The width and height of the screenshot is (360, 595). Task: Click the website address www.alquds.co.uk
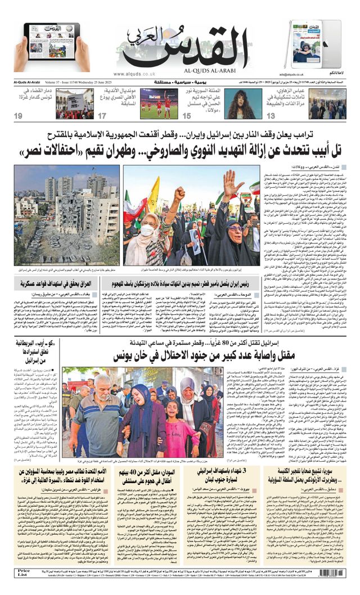click(134, 74)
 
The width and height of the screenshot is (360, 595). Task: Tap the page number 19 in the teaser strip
click(19, 116)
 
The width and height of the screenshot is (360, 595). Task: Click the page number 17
click(102, 116)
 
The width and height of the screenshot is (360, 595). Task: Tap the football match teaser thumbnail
click(159, 103)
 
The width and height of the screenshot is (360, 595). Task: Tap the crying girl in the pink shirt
click(169, 433)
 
